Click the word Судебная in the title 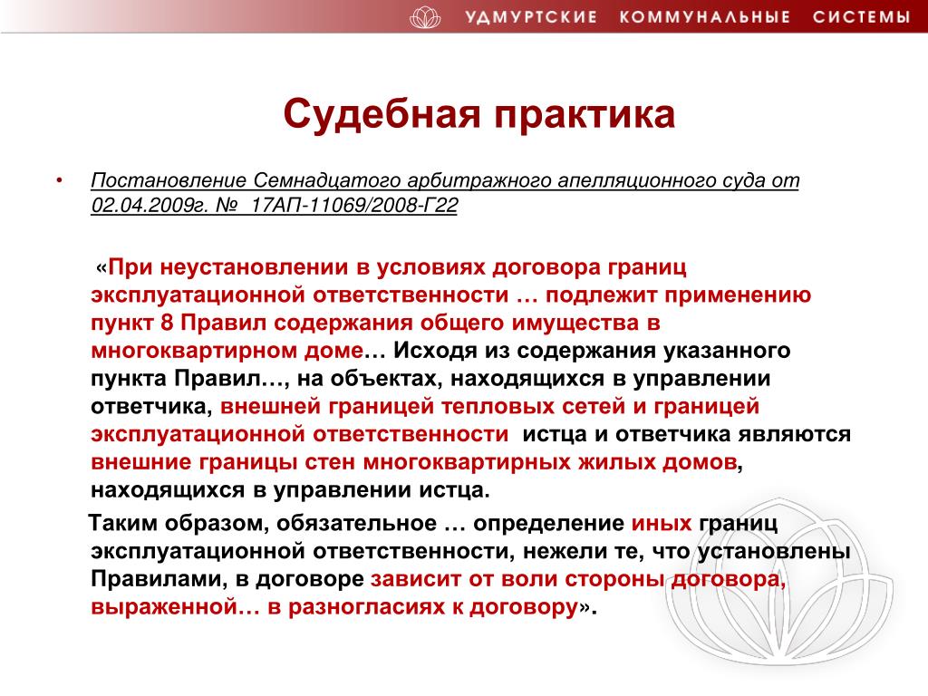[382, 114]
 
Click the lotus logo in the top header [425, 16]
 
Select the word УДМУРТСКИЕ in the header [531, 16]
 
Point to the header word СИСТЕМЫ [861, 16]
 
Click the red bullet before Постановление [59, 180]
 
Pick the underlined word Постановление [169, 180]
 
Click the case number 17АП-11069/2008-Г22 [354, 206]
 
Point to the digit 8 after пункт [167, 324]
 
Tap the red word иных [661, 523]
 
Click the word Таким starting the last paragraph [122, 523]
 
